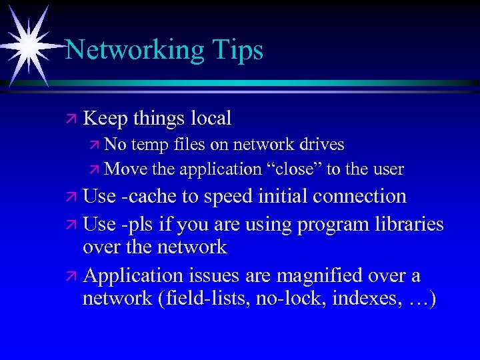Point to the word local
211,119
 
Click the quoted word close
294,169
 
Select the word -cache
153,196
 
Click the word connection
369,196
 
